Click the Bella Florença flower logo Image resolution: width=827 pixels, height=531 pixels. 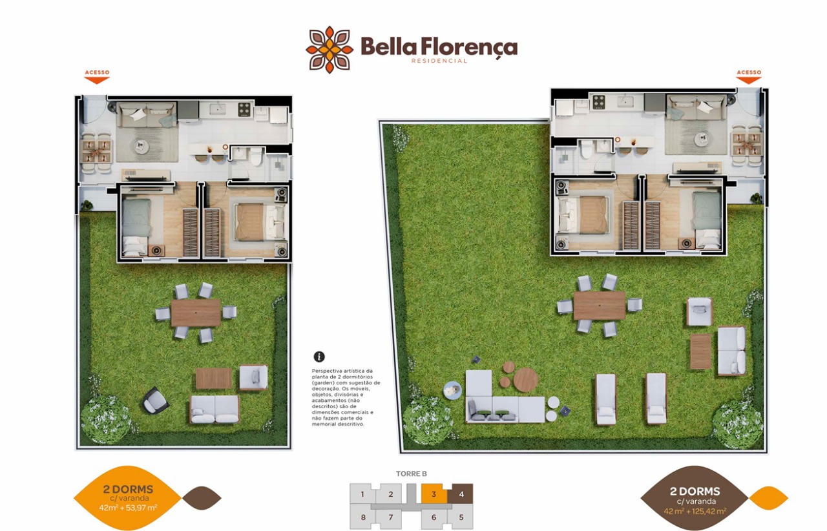pos(330,50)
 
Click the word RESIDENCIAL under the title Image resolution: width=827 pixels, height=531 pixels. pos(439,61)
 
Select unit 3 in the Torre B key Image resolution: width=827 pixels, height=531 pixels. pos(434,494)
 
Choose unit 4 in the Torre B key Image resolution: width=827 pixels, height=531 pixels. pos(461,494)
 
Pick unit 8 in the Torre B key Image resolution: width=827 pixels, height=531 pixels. pos(363,517)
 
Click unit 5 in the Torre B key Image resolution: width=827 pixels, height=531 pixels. pos(461,517)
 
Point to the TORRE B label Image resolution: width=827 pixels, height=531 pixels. pos(412,474)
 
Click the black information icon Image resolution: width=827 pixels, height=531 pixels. pos(319,357)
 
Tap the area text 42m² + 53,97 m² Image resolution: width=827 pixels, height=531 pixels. pos(128,508)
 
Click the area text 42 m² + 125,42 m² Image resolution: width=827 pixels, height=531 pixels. pos(695,512)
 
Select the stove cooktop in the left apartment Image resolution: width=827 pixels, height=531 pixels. pos(244,109)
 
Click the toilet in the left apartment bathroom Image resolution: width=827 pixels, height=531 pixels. pos(256,156)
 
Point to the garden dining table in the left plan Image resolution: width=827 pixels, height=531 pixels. pos(196,313)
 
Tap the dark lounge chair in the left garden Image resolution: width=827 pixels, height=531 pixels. pos(156,400)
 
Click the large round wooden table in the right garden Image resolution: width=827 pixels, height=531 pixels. pos(526,380)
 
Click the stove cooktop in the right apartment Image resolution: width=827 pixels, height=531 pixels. pos(599,102)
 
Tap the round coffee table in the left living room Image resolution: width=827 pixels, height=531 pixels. pos(141,147)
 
